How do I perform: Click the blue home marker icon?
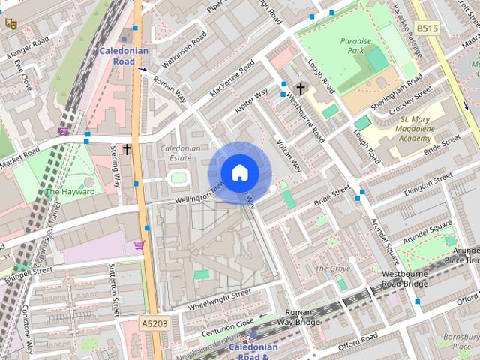(x=239, y=172)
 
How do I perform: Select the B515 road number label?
(x=427, y=28)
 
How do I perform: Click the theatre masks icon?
(x=10, y=23)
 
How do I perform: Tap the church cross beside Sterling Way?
(x=127, y=149)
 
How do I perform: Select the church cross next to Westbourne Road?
(x=301, y=88)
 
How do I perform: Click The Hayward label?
(x=70, y=192)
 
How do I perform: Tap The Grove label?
(x=332, y=268)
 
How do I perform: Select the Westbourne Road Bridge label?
(x=405, y=279)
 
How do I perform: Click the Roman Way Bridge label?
(x=298, y=316)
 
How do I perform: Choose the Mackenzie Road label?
(x=232, y=79)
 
